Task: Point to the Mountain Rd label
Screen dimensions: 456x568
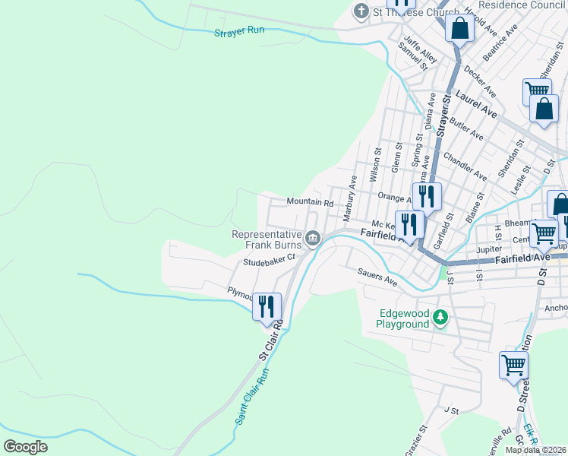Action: [x=310, y=202]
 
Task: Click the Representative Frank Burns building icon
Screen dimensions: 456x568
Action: [x=312, y=240]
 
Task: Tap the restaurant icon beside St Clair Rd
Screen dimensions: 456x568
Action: [x=267, y=306]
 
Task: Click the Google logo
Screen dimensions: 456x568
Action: [x=26, y=446]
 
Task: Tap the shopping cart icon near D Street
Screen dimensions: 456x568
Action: [x=513, y=365]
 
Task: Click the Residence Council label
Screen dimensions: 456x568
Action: [x=520, y=5]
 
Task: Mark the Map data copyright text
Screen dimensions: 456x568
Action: [x=535, y=450]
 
